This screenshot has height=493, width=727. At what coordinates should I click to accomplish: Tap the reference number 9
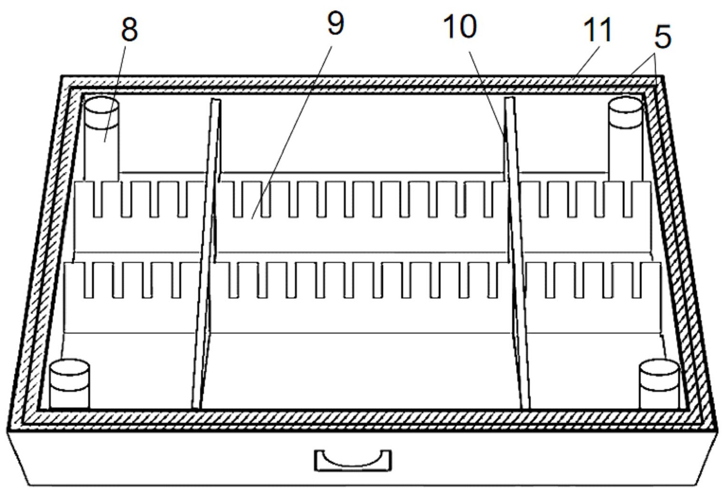pyautogui.click(x=335, y=24)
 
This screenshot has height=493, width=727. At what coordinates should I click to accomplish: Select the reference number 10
pyautogui.click(x=460, y=27)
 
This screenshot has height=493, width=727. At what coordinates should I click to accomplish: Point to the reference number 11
pyautogui.click(x=598, y=30)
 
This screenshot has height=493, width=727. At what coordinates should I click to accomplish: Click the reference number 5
pyautogui.click(x=663, y=37)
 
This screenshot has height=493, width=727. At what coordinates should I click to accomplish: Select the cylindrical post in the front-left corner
pyautogui.click(x=69, y=383)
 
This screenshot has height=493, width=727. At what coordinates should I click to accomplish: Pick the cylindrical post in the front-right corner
pyautogui.click(x=659, y=383)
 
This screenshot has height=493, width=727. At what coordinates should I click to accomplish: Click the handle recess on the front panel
pyautogui.click(x=353, y=461)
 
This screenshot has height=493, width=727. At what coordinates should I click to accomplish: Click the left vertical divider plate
pyautogui.click(x=207, y=253)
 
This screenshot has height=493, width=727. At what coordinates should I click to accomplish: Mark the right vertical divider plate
pyautogui.click(x=517, y=253)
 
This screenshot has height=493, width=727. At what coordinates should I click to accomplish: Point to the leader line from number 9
pyautogui.click(x=292, y=132)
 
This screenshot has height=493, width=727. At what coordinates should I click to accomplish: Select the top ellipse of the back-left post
pyautogui.click(x=101, y=105)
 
